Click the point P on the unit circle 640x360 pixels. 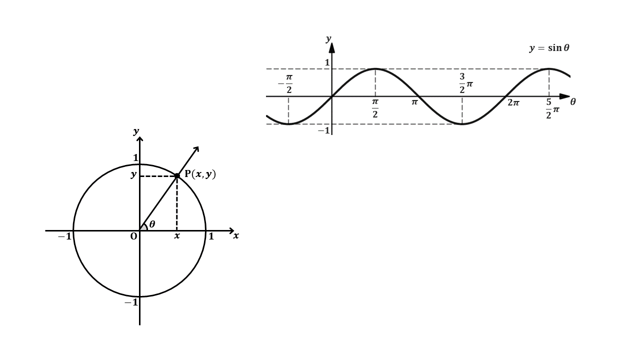(177, 175)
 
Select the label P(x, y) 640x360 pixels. (200, 174)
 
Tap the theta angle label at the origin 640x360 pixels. (152, 224)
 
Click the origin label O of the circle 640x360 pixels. (133, 236)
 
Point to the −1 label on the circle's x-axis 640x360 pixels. (64, 236)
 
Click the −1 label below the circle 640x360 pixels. (131, 302)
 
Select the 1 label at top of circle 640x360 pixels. (135, 157)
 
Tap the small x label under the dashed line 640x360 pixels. (177, 235)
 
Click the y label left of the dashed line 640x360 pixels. (133, 174)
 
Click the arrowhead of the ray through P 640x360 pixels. (197, 149)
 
